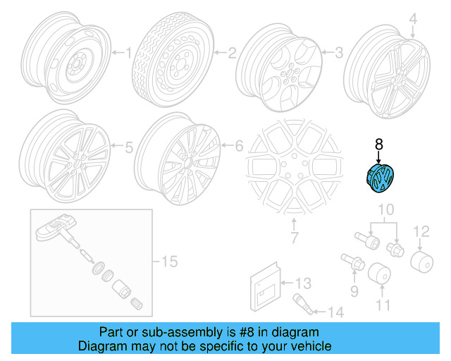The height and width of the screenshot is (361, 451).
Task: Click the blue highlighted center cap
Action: click(381, 179)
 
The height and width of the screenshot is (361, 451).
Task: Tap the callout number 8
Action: click(379, 145)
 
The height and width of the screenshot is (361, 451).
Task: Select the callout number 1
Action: click(128, 52)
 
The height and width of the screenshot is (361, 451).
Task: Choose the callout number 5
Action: click(128, 148)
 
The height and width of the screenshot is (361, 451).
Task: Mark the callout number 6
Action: click(239, 147)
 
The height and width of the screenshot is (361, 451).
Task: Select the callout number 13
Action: click(302, 283)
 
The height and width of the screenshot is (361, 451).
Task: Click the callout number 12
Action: click(420, 231)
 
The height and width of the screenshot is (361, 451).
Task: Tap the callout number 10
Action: click(385, 209)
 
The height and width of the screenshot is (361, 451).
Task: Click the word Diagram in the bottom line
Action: click(99, 346)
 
